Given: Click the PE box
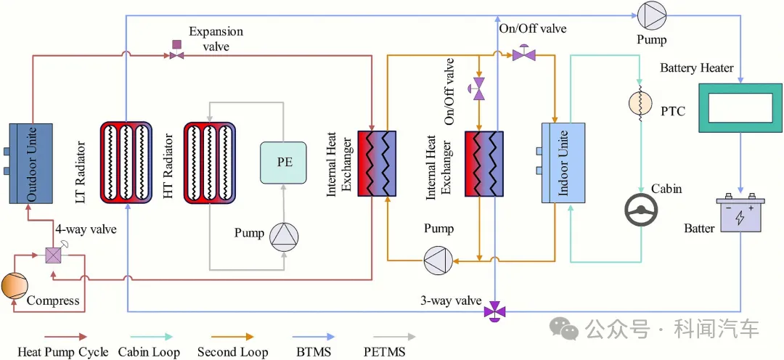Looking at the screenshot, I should (x=285, y=162).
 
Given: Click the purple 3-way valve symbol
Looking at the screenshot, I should (x=496, y=311).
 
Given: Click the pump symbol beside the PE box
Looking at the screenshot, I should (x=284, y=237).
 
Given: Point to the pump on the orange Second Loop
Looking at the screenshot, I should (x=438, y=258).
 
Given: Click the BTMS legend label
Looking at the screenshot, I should (x=311, y=352).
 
